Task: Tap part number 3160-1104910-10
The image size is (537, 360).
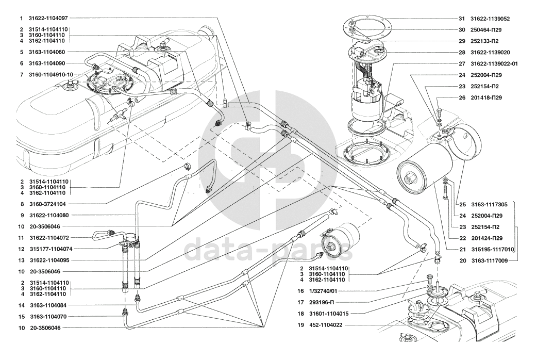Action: click(x=51, y=74)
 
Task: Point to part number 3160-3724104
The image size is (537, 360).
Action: click(x=47, y=204)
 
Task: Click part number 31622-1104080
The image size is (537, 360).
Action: click(x=49, y=215)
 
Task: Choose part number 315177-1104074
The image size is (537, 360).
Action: click(x=51, y=249)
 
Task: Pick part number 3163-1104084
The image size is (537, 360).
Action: click(x=48, y=305)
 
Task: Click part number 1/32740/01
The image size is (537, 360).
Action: click(x=323, y=291)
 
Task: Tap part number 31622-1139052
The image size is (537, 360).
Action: click(x=490, y=19)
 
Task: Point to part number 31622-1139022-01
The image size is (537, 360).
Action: click(x=494, y=64)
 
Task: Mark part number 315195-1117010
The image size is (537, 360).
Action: click(x=493, y=249)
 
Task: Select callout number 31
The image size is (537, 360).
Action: click(x=462, y=19)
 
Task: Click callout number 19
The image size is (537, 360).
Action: click(x=300, y=325)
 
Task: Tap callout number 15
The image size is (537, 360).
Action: click(x=22, y=317)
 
